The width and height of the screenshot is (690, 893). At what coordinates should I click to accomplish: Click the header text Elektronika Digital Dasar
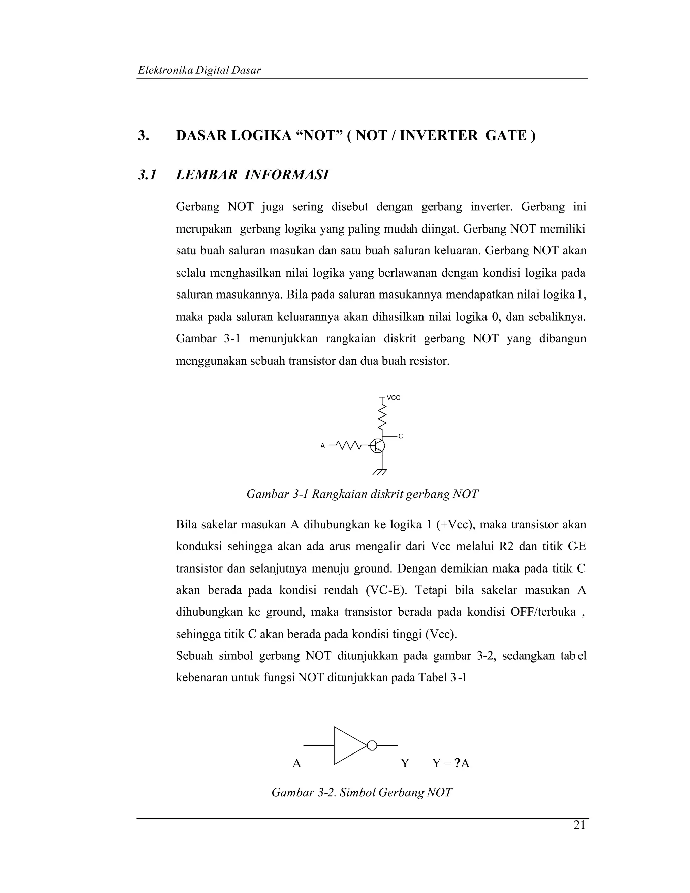[199, 70]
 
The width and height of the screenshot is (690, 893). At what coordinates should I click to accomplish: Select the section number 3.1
[147, 175]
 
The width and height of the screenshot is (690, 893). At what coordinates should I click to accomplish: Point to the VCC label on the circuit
[393, 397]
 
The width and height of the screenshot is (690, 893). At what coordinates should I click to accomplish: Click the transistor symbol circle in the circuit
[377, 446]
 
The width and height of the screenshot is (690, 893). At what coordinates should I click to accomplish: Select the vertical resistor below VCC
[382, 416]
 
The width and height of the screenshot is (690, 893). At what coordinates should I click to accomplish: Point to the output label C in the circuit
[401, 437]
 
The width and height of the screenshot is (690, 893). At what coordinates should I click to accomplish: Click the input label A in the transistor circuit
[322, 446]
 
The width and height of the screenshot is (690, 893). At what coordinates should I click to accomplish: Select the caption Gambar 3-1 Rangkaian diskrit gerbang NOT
[362, 494]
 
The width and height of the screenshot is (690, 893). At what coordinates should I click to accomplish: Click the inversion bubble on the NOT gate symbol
[372, 745]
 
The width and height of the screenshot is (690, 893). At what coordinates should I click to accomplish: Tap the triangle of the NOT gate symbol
[347, 745]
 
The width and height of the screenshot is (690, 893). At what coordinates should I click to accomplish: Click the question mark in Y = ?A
[457, 763]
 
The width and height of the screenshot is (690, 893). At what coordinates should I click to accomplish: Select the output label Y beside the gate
[405, 763]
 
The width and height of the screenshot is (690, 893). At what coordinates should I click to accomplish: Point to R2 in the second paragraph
[506, 547]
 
